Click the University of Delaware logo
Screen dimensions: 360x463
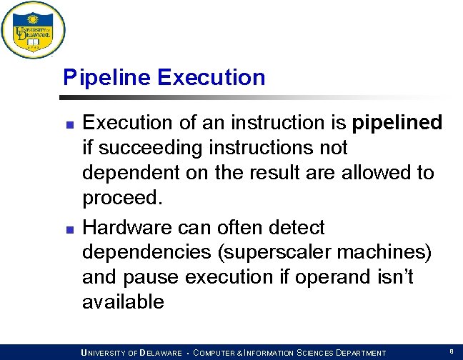(33, 30)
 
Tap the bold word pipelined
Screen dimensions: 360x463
(398, 123)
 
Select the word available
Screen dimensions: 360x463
(123, 302)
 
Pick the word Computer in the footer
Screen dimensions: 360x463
(219, 353)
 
